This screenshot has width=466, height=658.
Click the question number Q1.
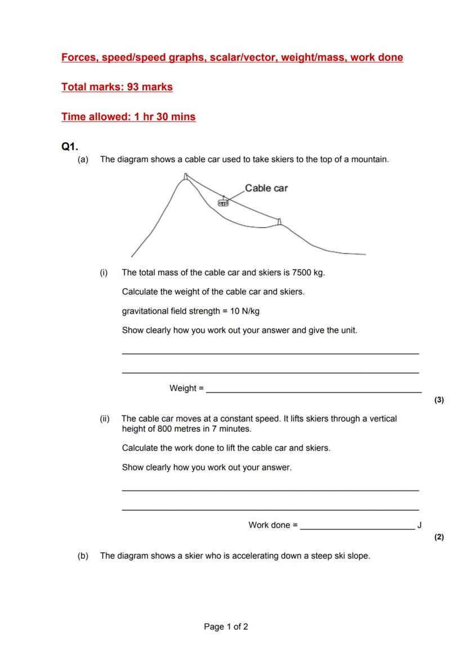click(x=69, y=147)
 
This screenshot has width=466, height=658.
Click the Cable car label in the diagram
click(x=266, y=188)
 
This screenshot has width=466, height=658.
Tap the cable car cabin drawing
click(x=223, y=202)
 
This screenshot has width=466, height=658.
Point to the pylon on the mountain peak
click(x=186, y=178)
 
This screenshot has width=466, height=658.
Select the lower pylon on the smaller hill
click(x=279, y=221)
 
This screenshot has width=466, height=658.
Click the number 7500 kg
click(x=308, y=273)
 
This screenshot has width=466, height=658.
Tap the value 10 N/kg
click(x=244, y=311)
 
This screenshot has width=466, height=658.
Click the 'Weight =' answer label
click(x=187, y=388)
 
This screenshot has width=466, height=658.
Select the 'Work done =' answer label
click(x=273, y=525)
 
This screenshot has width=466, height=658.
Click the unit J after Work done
click(x=419, y=525)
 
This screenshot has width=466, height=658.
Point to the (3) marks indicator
click(x=439, y=400)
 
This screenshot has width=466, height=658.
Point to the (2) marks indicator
click(x=439, y=537)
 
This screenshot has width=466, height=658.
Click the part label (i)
click(x=104, y=273)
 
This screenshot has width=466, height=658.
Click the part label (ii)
click(x=105, y=419)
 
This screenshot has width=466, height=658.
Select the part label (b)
click(x=83, y=556)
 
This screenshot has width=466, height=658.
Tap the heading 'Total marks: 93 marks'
click(x=117, y=87)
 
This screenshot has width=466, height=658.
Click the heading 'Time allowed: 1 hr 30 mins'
click(x=128, y=117)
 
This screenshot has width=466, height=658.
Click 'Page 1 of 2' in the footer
click(x=226, y=627)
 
